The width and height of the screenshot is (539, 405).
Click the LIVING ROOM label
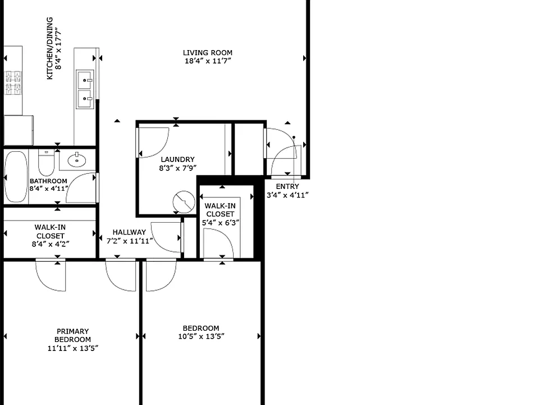[x=207, y=53]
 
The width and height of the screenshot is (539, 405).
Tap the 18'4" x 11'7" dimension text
[x=208, y=61]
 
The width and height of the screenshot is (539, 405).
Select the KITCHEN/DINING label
[x=50, y=48]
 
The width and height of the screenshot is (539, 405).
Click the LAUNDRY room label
[x=177, y=159]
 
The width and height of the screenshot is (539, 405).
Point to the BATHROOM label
[x=48, y=181]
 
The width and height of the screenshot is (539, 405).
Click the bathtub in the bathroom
[x=16, y=177]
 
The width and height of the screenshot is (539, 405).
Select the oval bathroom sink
[x=77, y=160]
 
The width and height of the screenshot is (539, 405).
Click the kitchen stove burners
[x=13, y=83]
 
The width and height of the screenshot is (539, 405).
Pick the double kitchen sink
[x=85, y=89]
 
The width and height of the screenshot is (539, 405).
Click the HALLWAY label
[x=129, y=232]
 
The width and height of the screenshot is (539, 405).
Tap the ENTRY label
[x=287, y=187]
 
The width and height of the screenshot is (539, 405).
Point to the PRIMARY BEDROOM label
[x=72, y=335]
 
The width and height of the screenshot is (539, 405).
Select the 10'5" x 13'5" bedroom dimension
[x=201, y=336]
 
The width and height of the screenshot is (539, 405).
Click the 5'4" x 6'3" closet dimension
[x=220, y=223]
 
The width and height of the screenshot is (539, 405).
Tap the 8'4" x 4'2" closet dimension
[x=51, y=244]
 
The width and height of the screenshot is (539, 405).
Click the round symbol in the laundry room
[x=184, y=202]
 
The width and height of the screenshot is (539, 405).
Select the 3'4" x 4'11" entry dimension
[x=287, y=195]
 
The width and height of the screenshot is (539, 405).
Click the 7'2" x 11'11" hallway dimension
[x=129, y=241]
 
